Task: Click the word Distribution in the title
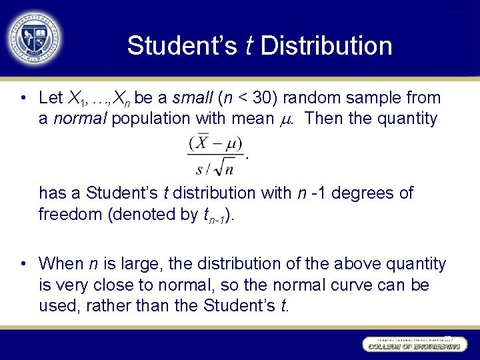click(327, 46)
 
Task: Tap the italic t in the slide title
click(249, 46)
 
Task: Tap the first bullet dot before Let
click(23, 99)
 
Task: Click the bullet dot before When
click(23, 264)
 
